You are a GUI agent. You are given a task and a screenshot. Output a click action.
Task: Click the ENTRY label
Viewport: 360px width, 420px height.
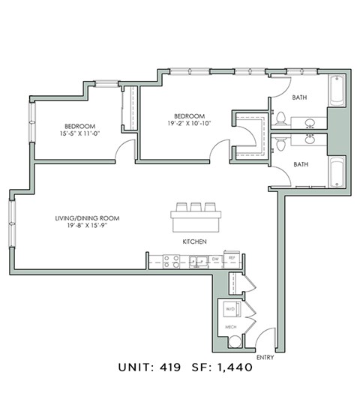pyautogui.click(x=265, y=357)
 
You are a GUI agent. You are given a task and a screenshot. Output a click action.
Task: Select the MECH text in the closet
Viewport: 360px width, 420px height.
pyautogui.click(x=230, y=328)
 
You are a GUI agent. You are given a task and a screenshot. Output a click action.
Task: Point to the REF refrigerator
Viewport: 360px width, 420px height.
pyautogui.click(x=232, y=259)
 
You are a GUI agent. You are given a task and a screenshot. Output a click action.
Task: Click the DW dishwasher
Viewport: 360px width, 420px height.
pyautogui.click(x=214, y=259)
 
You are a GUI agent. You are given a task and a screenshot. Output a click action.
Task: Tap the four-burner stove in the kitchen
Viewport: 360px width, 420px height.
pyautogui.click(x=171, y=260)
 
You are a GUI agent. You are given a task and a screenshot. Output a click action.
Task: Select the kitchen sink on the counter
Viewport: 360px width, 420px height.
pyautogui.click(x=197, y=260)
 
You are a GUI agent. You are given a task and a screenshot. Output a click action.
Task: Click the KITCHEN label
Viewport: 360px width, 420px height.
pyautogui.click(x=194, y=242)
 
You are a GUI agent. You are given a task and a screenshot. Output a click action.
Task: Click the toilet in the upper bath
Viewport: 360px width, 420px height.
pyautogui.click(x=281, y=118)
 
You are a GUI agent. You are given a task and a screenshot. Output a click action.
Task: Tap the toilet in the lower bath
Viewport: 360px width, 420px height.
pyautogui.click(x=281, y=141)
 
